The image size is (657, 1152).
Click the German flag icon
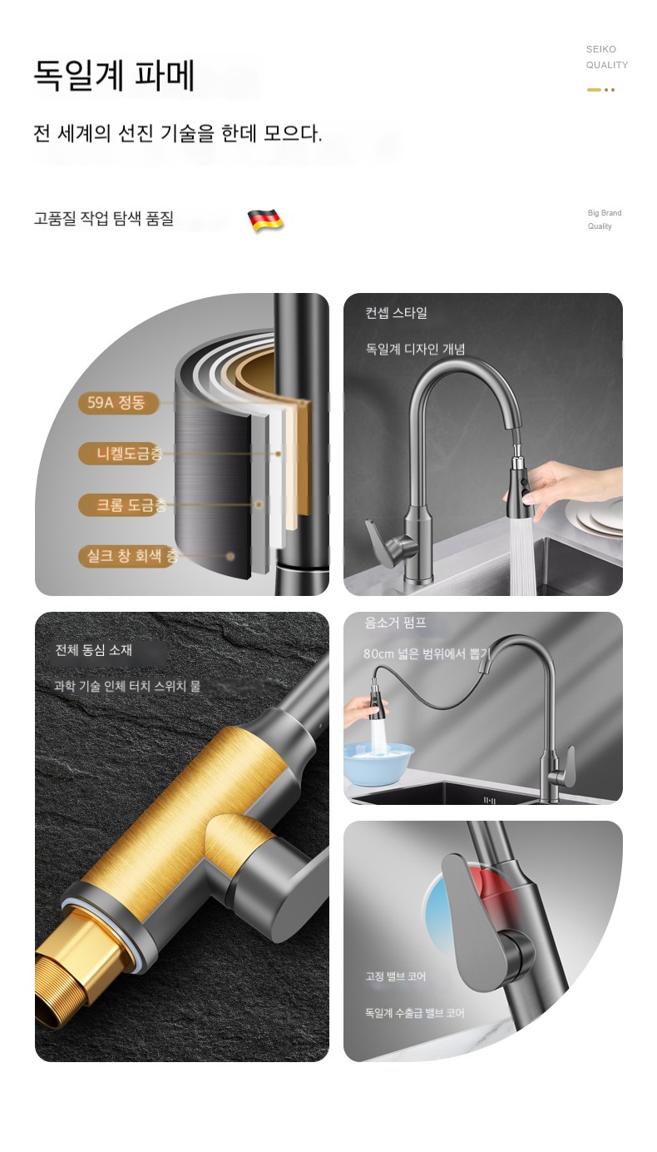click(265, 220)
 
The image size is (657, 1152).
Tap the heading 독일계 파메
click(114, 76)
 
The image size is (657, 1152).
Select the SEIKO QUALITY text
click(606, 57)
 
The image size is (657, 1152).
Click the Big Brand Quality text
click(605, 220)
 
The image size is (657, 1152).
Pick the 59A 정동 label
click(117, 403)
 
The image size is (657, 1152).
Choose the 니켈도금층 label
click(121, 454)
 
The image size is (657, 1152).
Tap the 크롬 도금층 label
click(123, 504)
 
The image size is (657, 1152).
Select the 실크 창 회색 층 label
click(128, 556)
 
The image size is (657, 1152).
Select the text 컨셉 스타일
click(396, 313)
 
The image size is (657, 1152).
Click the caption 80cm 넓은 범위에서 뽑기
click(427, 653)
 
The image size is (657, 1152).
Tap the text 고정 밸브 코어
click(396, 976)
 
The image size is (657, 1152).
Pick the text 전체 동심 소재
click(93, 650)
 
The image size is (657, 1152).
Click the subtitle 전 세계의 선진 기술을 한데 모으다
click(178, 134)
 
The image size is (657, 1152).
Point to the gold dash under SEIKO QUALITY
click(595, 90)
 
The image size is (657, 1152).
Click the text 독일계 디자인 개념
click(415, 350)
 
